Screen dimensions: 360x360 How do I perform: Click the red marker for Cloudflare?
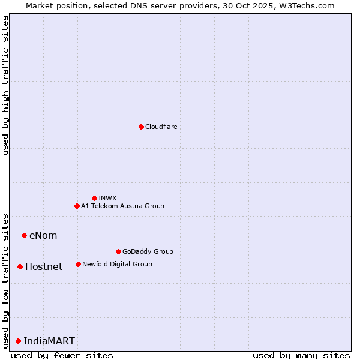(141, 127)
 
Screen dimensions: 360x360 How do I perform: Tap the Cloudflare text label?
(161, 127)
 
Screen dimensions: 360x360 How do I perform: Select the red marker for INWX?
(94, 198)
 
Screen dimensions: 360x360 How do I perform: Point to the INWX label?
(107, 198)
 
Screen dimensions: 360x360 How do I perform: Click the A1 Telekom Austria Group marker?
(77, 206)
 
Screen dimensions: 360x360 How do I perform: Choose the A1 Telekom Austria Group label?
(122, 206)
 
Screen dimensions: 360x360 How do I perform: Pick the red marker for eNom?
(24, 235)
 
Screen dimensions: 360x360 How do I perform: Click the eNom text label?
(43, 235)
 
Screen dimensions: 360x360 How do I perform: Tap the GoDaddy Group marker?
(118, 251)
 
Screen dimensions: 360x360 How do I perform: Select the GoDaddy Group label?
(147, 251)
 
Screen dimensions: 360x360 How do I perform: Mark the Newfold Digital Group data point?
(78, 264)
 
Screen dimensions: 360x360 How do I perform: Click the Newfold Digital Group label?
(117, 264)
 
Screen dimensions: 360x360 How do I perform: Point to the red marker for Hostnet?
(20, 266)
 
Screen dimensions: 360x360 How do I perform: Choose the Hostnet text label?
(44, 266)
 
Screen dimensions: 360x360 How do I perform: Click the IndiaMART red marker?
(18, 341)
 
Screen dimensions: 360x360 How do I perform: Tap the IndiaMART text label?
(49, 341)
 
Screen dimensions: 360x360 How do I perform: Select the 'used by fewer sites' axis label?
(62, 355)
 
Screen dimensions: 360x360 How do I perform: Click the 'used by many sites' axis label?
(301, 355)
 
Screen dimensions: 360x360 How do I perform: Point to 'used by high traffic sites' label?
(5, 85)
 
